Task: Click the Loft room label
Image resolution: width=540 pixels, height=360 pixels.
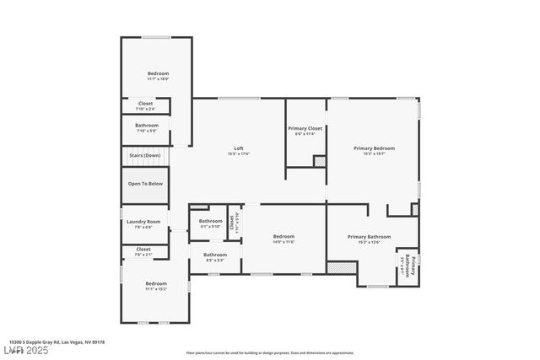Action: pos(239,149)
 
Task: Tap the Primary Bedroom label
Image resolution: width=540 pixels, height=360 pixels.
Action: pos(373,149)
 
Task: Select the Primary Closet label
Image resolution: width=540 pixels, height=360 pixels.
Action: pos(305,129)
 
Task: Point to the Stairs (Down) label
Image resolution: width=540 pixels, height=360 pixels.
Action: pos(145,155)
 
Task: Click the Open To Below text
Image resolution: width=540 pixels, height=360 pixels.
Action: pos(145,183)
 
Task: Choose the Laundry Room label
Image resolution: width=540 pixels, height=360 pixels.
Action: pos(143,223)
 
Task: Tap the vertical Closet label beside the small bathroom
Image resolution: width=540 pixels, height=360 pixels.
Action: pos(235,223)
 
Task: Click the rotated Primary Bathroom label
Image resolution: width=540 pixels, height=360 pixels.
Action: pos(408,269)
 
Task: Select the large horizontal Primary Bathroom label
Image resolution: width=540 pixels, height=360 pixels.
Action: pos(369,239)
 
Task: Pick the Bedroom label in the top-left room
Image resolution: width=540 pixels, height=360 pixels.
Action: pos(158,75)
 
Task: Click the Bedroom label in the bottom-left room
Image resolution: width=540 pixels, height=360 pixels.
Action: pos(156,285)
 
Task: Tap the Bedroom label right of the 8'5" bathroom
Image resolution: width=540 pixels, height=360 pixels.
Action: pos(283,239)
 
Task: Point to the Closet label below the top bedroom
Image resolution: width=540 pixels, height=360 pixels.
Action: pos(145,105)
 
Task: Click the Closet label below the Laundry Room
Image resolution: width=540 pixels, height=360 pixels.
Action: pos(143,250)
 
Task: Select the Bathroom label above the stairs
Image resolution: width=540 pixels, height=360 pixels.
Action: pos(147,127)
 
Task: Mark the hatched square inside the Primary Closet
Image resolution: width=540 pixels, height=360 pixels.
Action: pos(320,160)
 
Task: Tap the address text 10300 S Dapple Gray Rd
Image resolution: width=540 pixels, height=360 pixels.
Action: pos(58,341)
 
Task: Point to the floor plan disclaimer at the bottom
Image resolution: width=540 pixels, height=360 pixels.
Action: pos(269,352)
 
